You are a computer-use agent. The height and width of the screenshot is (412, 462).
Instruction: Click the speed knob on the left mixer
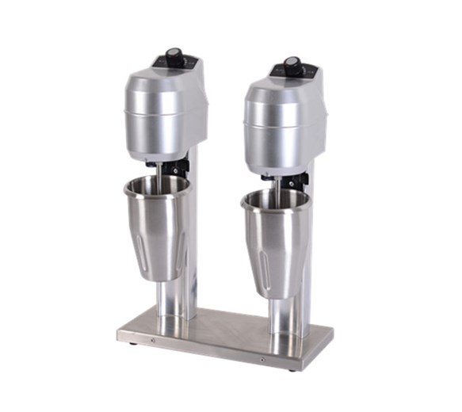(x=174, y=56)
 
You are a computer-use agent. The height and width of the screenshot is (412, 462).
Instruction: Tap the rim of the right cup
(x=275, y=195)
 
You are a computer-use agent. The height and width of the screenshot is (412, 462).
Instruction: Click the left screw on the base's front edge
(x=154, y=345)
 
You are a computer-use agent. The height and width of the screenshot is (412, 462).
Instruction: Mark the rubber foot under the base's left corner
(x=132, y=342)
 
